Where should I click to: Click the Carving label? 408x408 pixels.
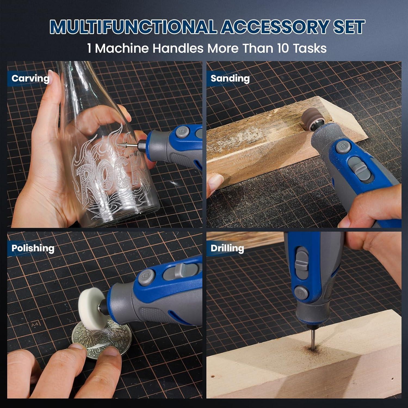[x=30, y=78]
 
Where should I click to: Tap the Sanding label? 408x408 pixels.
[x=230, y=78]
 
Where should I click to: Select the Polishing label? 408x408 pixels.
[x=33, y=248]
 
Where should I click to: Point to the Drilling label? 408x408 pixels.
[x=227, y=248]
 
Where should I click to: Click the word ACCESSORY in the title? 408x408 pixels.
[x=275, y=27]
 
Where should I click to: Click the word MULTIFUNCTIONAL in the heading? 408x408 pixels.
[x=133, y=27]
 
